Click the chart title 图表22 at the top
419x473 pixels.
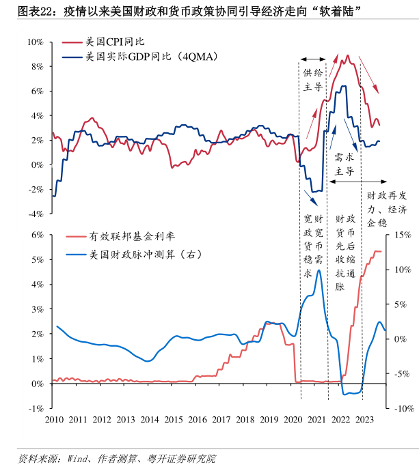(25, 12)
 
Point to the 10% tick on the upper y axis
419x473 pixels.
(36, 42)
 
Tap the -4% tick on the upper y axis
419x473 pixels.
(36, 214)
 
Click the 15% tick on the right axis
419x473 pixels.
(401, 235)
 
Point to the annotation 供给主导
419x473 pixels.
(313, 79)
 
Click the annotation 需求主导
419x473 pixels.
(344, 164)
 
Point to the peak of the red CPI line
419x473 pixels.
(348, 55)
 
